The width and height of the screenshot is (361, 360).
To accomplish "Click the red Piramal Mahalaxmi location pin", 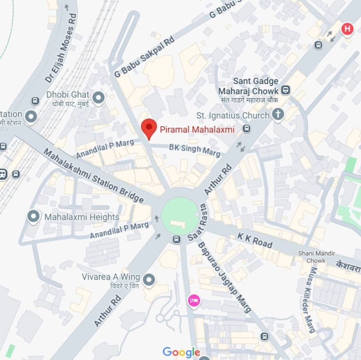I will [x=149, y=129].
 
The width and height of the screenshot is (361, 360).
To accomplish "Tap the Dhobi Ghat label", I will [x=68, y=95].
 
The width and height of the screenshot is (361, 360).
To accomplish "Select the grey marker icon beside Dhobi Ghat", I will [x=98, y=97].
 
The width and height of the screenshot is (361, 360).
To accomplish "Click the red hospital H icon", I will [x=348, y=29].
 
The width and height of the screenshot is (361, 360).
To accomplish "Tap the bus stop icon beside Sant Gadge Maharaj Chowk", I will [x=286, y=90].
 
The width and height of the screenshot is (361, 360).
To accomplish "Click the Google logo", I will [x=181, y=352].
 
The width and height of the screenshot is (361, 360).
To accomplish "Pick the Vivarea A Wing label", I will [x=111, y=277].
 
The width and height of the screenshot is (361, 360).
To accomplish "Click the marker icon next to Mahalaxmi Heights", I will [x=34, y=217].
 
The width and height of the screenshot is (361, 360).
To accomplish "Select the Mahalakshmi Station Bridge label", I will [x=93, y=176].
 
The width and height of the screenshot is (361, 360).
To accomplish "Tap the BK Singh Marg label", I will [x=194, y=150].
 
